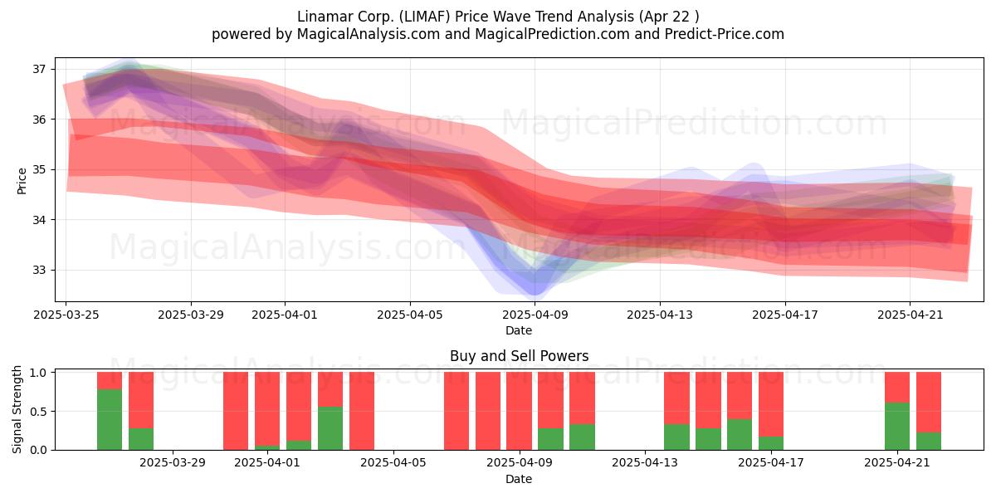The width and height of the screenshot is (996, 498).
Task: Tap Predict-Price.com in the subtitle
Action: (x=725, y=34)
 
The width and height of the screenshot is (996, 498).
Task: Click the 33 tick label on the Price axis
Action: (x=39, y=270)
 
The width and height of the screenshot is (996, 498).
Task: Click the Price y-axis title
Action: (x=22, y=181)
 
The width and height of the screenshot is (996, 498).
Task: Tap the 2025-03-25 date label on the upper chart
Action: (x=66, y=315)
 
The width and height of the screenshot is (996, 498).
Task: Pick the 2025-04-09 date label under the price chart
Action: (x=535, y=315)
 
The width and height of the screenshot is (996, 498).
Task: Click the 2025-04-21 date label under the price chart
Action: (x=911, y=315)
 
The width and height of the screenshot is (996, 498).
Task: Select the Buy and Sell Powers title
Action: (x=519, y=356)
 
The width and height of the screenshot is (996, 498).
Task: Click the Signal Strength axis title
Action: (x=17, y=409)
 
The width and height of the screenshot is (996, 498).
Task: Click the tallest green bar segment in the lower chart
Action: (x=110, y=420)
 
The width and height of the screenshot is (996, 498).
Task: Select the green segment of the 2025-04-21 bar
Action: (x=897, y=427)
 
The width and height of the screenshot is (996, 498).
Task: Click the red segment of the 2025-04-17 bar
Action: (x=771, y=404)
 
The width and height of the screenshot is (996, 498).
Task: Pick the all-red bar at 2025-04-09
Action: (x=519, y=411)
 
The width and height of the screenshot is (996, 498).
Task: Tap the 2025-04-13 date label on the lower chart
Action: (x=645, y=463)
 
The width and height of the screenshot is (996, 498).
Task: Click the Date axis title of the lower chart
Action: (x=519, y=479)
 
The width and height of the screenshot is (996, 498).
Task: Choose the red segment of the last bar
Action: (x=929, y=403)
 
